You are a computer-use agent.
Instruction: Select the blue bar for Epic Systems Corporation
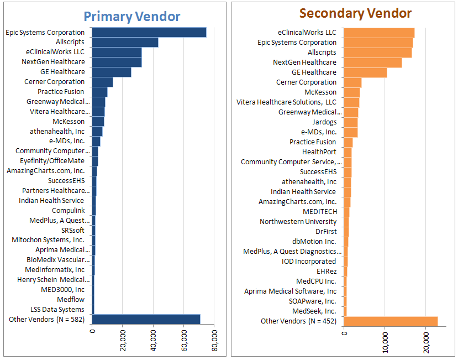click(x=149, y=33)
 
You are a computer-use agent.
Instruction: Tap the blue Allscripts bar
click(x=125, y=43)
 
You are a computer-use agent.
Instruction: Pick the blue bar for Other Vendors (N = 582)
click(x=146, y=319)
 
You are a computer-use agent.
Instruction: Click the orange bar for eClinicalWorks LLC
click(x=379, y=33)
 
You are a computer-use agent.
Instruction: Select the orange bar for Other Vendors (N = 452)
click(x=391, y=321)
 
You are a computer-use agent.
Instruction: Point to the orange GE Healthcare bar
click(x=365, y=72)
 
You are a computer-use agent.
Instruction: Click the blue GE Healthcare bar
click(x=111, y=72)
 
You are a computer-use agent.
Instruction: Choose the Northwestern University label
click(x=298, y=222)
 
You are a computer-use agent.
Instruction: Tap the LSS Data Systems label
click(x=57, y=310)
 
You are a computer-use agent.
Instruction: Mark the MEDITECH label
click(x=319, y=212)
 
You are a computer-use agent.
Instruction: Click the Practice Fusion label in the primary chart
click(x=61, y=92)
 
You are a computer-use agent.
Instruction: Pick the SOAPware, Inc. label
click(x=312, y=301)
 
